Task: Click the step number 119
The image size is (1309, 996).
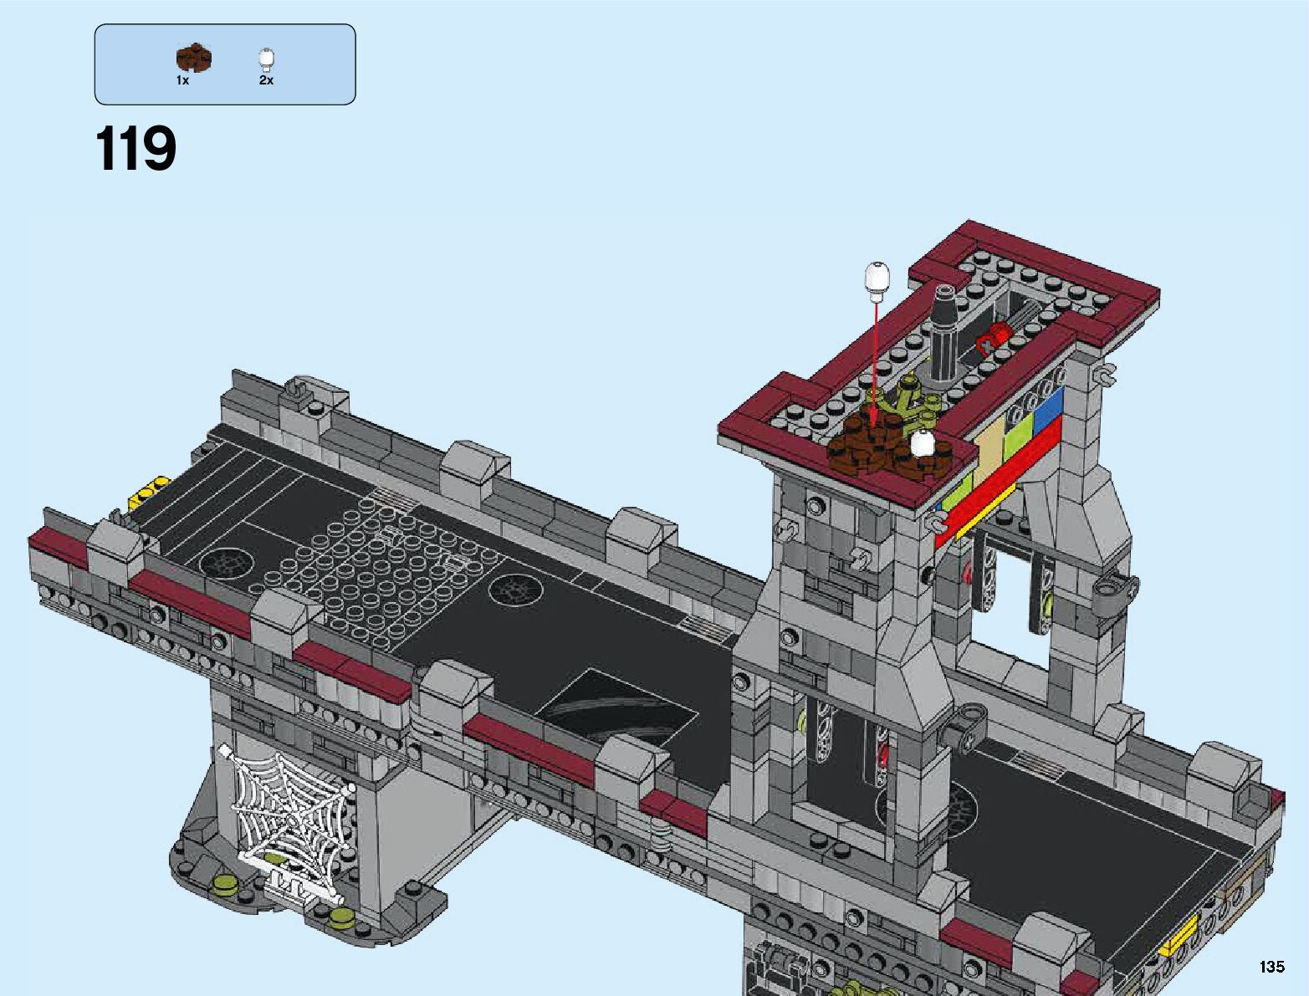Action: coord(136,148)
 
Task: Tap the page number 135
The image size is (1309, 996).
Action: coord(1272,966)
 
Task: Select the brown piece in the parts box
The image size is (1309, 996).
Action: coord(194,59)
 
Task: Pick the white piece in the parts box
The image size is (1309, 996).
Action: coord(266,60)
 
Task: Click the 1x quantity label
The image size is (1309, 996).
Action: coord(182,80)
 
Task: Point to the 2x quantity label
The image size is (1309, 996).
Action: coord(266,80)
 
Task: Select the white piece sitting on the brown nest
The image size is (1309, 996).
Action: coord(922,443)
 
